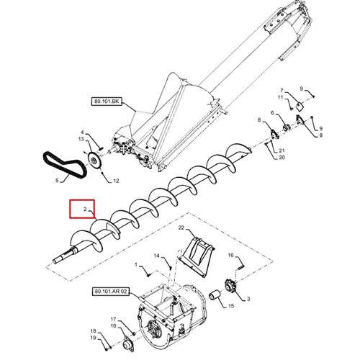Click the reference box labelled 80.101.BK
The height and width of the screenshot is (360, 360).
(107, 102)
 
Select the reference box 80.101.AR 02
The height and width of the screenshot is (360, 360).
(111, 292)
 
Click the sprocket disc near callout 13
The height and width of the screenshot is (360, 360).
(94, 161)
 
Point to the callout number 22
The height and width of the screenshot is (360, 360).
(181, 227)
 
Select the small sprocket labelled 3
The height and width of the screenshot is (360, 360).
(230, 286)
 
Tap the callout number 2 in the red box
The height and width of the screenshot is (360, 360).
(85, 210)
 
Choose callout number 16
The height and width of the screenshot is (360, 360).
(230, 255)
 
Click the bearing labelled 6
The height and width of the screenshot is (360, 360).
(286, 127)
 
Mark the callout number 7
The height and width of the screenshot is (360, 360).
(282, 91)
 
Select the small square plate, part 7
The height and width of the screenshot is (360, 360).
(299, 107)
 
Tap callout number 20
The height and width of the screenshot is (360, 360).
(282, 158)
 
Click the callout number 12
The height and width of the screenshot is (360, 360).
(116, 181)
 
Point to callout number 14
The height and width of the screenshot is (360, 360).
(156, 256)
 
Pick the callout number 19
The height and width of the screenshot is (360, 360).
(93, 338)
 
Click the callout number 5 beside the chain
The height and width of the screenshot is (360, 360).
(57, 180)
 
